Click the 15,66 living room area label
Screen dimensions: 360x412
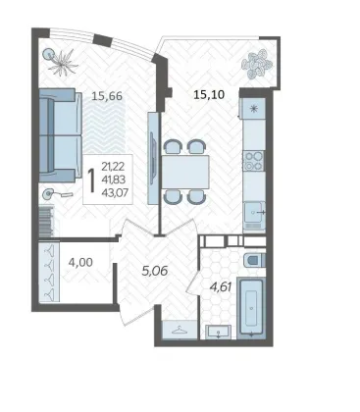(107, 96)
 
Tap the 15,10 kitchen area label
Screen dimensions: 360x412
(209, 95)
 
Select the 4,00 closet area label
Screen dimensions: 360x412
(80, 262)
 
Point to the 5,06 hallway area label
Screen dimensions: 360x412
(155, 271)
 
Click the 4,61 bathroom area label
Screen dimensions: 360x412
(221, 287)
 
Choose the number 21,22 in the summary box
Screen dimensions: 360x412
(113, 167)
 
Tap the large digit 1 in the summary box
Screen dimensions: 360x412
(92, 180)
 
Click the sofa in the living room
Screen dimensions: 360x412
(60, 135)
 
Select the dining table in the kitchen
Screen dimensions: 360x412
(185, 172)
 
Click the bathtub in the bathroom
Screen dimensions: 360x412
(251, 308)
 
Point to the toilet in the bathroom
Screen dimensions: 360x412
(254, 261)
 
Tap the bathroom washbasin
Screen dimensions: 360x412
(218, 332)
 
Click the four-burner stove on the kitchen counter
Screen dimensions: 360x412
(254, 161)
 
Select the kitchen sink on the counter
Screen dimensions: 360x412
(254, 212)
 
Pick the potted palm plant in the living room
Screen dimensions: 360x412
(61, 61)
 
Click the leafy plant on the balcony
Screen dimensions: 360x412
(257, 64)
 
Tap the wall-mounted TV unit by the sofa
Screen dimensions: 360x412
(153, 158)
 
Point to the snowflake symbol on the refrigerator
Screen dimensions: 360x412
(254, 109)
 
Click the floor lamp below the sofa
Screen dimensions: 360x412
(56, 194)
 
